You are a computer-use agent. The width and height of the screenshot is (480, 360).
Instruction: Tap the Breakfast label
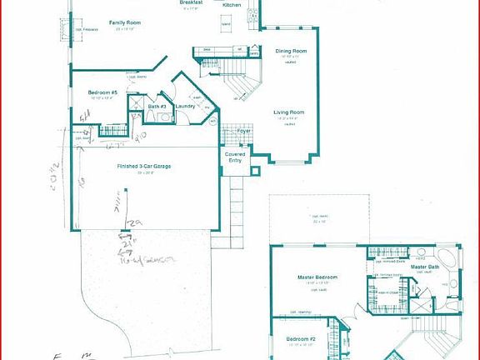(x=192, y=2)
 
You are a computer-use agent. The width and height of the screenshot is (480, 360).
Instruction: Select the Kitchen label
(x=232, y=5)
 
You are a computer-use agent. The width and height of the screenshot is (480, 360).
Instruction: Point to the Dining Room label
(x=290, y=52)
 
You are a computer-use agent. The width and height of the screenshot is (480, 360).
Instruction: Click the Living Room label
(x=289, y=112)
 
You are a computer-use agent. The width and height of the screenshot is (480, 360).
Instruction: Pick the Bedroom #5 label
(x=102, y=92)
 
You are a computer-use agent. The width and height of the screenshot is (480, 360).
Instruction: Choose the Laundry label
(x=185, y=106)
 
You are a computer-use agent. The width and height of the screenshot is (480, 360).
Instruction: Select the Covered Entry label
(x=234, y=157)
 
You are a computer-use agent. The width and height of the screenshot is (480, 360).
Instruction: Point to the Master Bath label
(x=425, y=266)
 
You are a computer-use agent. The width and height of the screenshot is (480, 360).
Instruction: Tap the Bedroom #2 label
(x=301, y=339)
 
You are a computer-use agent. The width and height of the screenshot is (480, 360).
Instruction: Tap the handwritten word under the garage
(x=151, y=261)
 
